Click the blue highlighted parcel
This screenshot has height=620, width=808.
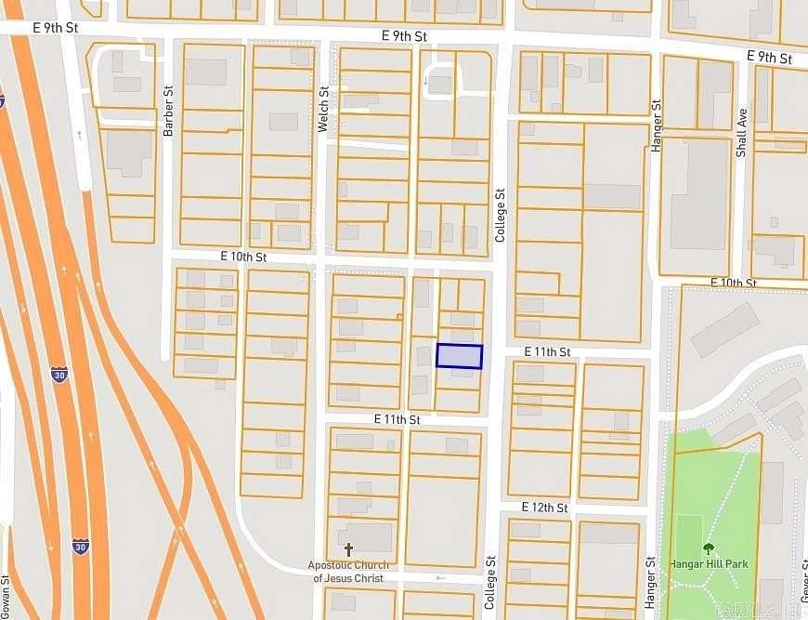point(460,356)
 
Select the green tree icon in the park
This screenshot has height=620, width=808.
point(709,547)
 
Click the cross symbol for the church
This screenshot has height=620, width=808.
point(349,549)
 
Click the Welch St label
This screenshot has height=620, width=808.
point(324,110)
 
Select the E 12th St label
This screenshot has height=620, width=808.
point(544,508)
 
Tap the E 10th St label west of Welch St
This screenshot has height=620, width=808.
point(243,256)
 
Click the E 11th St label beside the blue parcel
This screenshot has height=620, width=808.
point(546,351)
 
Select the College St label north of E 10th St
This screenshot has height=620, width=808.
point(500,216)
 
